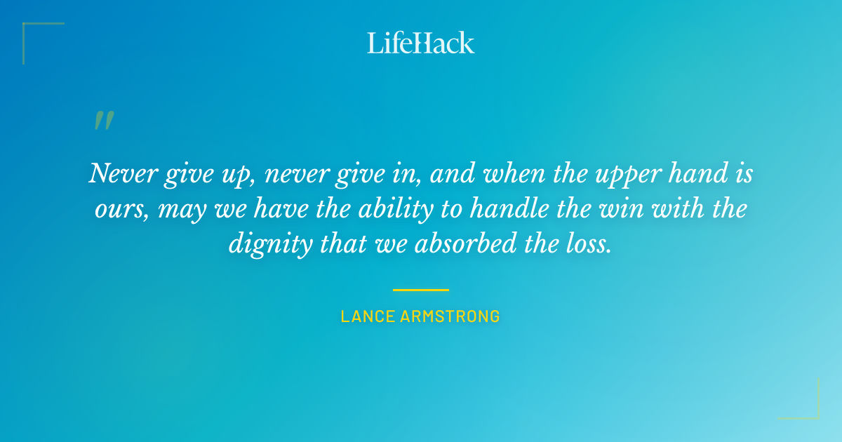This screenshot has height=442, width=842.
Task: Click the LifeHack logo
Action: click(x=421, y=43)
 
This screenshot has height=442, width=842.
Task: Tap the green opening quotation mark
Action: click(x=103, y=121)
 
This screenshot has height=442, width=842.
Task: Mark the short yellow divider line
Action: click(x=421, y=289)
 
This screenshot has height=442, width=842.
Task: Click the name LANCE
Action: click(x=368, y=316)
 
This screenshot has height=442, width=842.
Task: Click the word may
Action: click(x=178, y=209)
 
